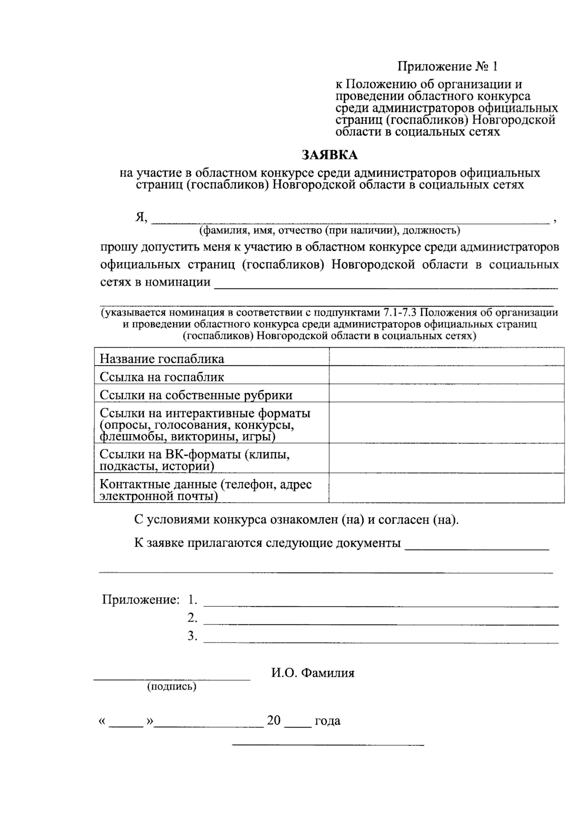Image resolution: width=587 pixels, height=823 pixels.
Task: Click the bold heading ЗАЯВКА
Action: (329, 155)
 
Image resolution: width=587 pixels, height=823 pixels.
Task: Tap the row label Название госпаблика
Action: (162, 358)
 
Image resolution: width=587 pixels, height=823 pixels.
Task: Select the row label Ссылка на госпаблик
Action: (162, 377)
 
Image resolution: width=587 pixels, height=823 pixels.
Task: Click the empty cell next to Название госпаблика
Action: (446, 356)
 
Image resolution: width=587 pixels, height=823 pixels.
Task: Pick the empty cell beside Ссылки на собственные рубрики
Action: (446, 393)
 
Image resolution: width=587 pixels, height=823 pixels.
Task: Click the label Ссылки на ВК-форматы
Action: (195, 460)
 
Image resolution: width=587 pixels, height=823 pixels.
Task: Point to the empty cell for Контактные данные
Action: (446, 488)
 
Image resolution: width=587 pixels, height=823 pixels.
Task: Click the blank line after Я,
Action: (350, 221)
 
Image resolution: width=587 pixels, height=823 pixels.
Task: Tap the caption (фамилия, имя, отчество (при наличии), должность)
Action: (329, 230)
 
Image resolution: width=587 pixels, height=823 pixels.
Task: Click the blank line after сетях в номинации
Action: (386, 286)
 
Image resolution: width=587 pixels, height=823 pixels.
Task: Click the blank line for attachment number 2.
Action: (381, 622)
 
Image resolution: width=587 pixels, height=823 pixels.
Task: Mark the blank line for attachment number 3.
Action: (381, 640)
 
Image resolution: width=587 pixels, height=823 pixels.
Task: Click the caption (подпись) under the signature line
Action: (172, 687)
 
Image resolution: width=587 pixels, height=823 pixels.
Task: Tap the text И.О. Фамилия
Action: (313, 673)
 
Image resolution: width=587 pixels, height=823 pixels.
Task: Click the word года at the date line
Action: (327, 721)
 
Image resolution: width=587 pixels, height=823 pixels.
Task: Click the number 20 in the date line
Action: (273, 720)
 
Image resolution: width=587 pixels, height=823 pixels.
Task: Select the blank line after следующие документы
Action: (476, 548)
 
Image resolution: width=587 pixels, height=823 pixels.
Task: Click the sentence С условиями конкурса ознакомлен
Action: (297, 519)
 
